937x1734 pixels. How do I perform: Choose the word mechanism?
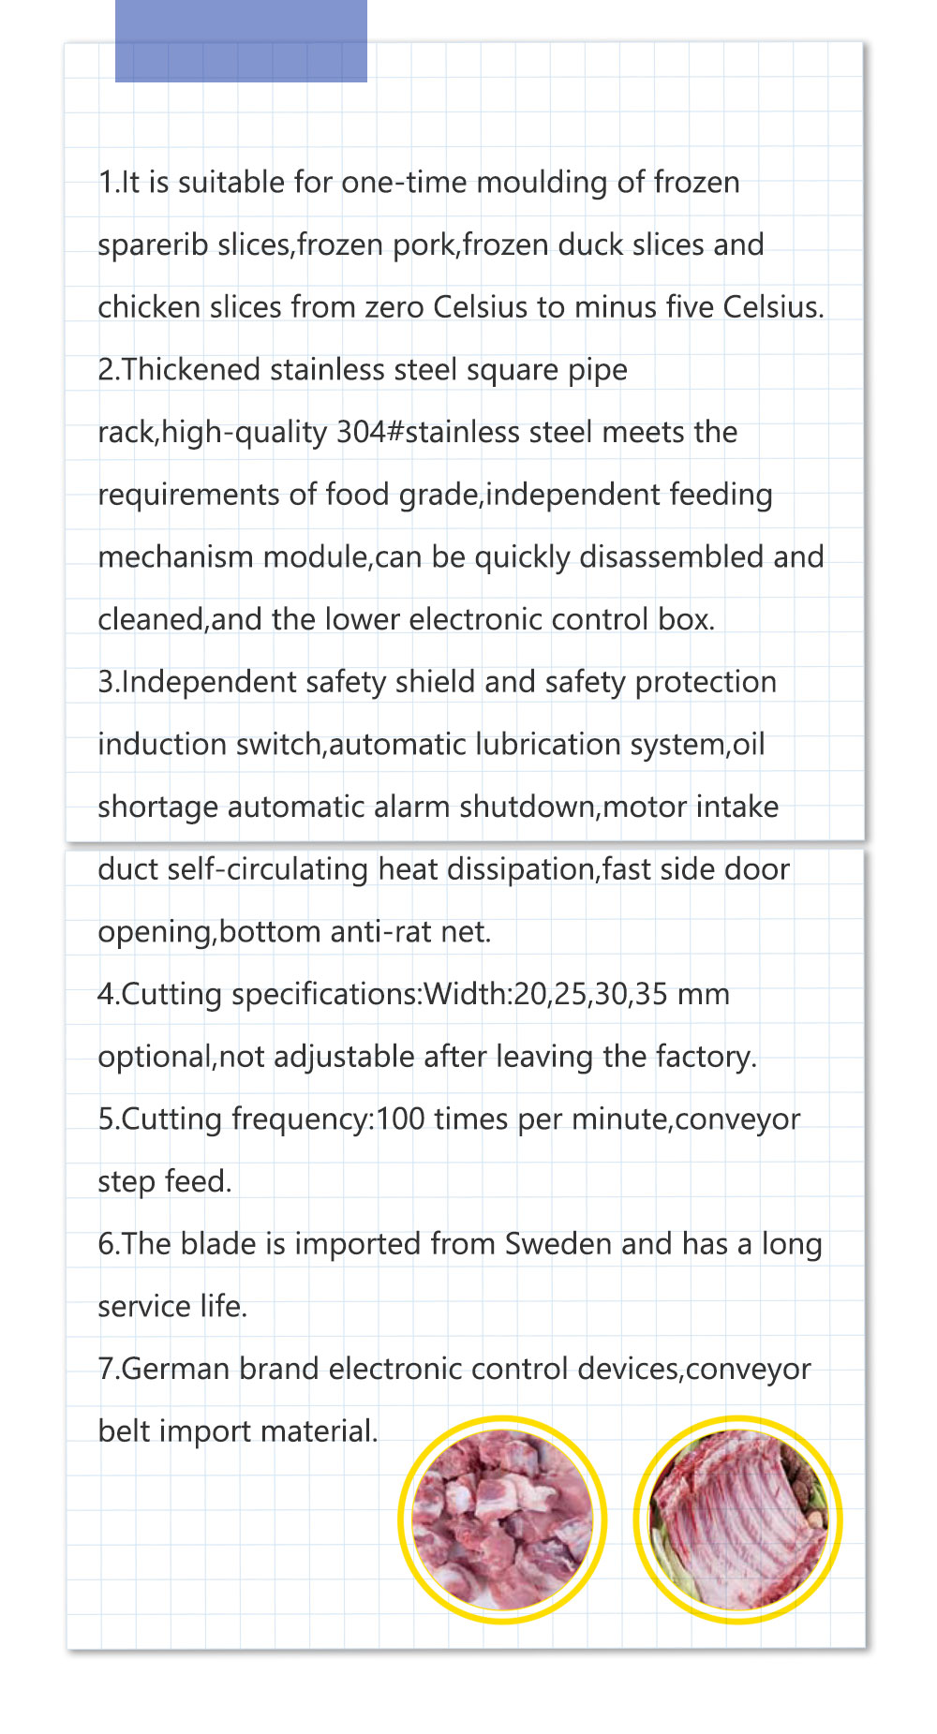click(x=175, y=557)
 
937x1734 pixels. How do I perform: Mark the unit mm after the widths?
click(x=703, y=995)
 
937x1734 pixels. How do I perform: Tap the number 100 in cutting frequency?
click(x=400, y=1119)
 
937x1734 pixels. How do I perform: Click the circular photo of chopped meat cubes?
click(x=502, y=1519)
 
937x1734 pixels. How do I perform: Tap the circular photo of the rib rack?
click(x=737, y=1519)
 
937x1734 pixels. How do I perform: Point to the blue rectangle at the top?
click(x=241, y=40)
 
